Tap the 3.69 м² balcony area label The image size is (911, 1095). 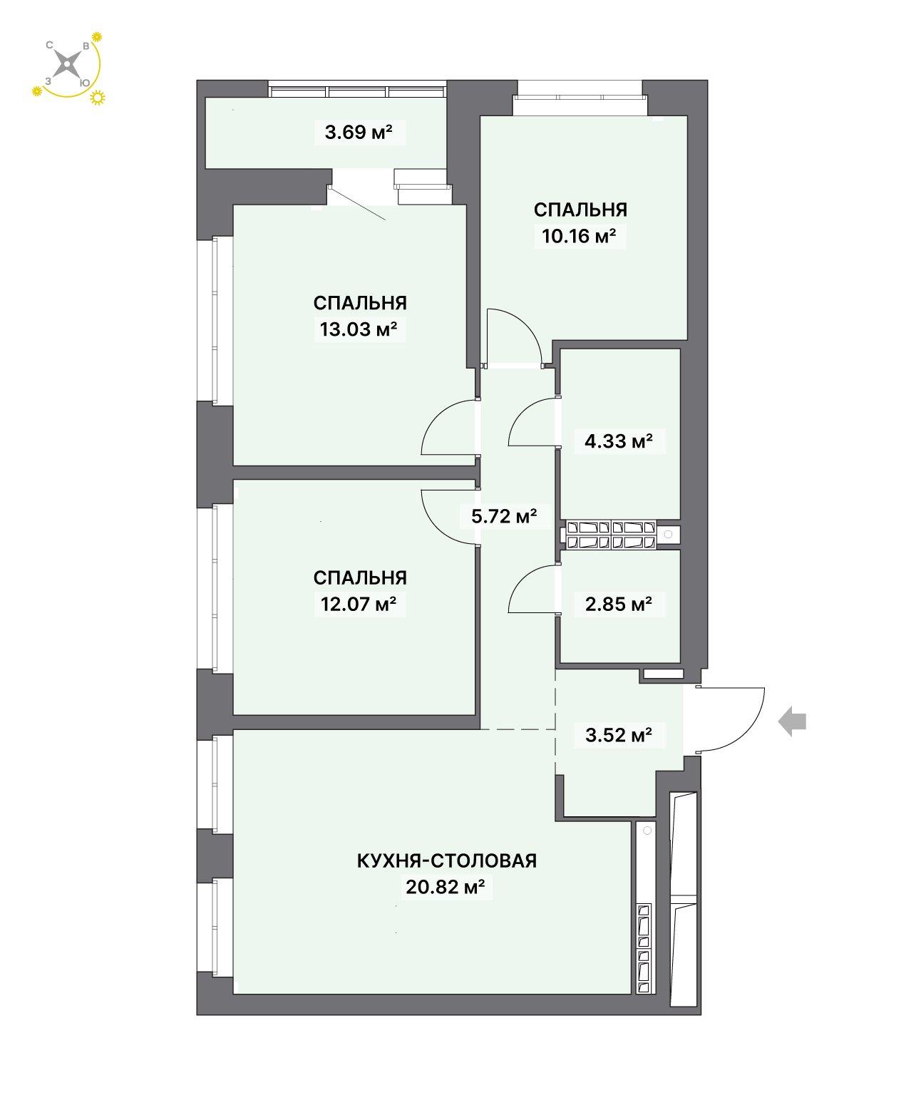359,132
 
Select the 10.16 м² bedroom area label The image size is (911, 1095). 579,236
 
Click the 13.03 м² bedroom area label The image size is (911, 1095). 359,329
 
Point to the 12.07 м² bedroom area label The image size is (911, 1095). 359,604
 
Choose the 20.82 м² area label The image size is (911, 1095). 446,887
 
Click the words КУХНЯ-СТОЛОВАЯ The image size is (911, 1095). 447,860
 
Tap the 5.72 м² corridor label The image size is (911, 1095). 504,516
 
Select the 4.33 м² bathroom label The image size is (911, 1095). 619,441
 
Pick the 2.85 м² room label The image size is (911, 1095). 619,604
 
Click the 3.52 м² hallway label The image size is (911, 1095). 619,735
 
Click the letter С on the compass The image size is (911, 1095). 49,45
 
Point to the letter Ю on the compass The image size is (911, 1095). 84,82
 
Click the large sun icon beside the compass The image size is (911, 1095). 98,98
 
